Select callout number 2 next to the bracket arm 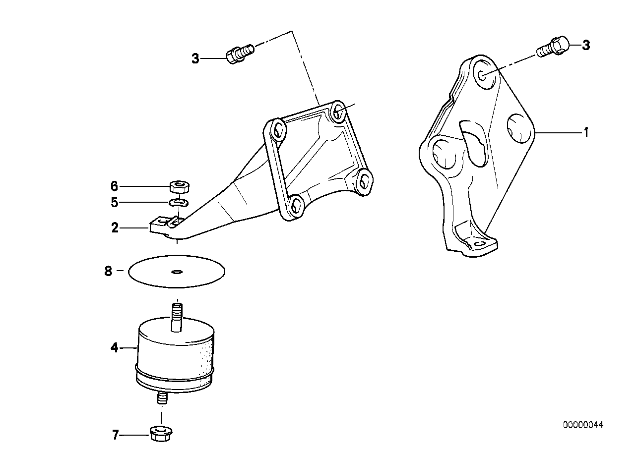pos(115,228)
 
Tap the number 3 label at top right pos(586,46)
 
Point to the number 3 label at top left pos(195,59)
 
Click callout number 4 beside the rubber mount pos(115,348)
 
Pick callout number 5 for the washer pos(115,202)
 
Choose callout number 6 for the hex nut pos(115,186)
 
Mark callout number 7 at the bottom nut pos(115,436)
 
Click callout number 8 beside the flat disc pos(109,272)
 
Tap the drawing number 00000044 pos(583,425)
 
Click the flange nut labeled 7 pos(160,434)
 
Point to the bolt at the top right pos(553,47)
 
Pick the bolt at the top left pos(240,53)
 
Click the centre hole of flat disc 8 pos(177,272)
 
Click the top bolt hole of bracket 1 pos(483,73)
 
